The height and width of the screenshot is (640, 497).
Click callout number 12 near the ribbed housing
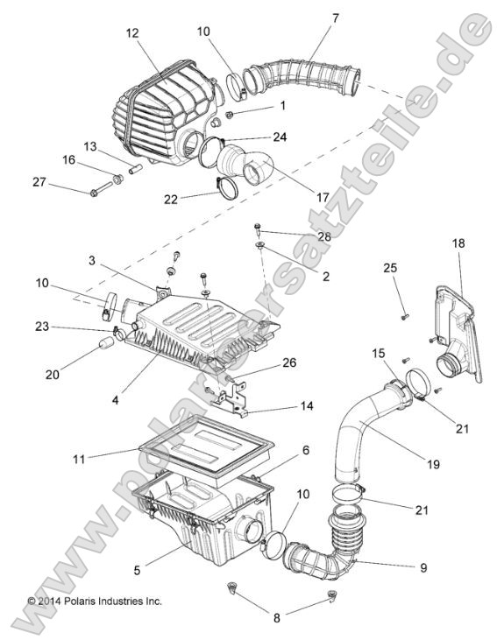click(132, 33)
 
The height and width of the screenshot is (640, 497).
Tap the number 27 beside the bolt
click(39, 182)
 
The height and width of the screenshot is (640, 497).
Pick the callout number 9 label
click(423, 566)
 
